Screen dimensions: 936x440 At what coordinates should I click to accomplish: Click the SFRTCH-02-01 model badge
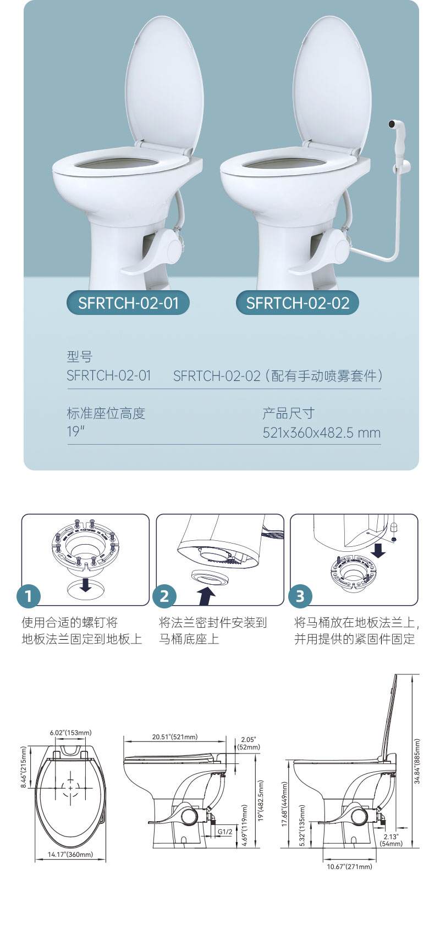(x=128, y=303)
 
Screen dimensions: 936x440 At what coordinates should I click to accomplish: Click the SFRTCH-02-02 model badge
(x=298, y=303)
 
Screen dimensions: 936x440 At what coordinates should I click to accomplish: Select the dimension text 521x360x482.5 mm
(x=321, y=433)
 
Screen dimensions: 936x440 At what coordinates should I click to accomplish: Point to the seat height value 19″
(x=75, y=432)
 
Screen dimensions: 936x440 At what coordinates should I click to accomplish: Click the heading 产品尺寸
(x=288, y=413)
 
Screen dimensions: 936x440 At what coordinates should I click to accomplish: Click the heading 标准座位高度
(x=106, y=413)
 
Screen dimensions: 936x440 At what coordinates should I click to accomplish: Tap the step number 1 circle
(x=29, y=596)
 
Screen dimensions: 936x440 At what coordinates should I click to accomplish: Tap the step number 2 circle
(x=164, y=596)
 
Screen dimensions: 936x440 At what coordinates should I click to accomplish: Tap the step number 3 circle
(x=300, y=596)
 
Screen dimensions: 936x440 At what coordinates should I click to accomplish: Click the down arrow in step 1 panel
(x=85, y=584)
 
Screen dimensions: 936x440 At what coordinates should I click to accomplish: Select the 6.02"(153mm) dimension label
(x=70, y=733)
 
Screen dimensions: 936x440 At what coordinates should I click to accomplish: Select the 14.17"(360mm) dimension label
(x=70, y=855)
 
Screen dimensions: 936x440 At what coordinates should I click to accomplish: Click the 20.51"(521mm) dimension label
(x=175, y=737)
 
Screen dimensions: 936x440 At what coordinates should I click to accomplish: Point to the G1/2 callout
(x=224, y=832)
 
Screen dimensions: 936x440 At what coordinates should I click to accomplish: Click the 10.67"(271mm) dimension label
(x=349, y=867)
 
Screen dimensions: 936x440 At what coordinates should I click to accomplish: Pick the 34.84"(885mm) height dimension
(x=417, y=761)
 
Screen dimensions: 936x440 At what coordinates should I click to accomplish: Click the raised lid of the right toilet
(x=332, y=82)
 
